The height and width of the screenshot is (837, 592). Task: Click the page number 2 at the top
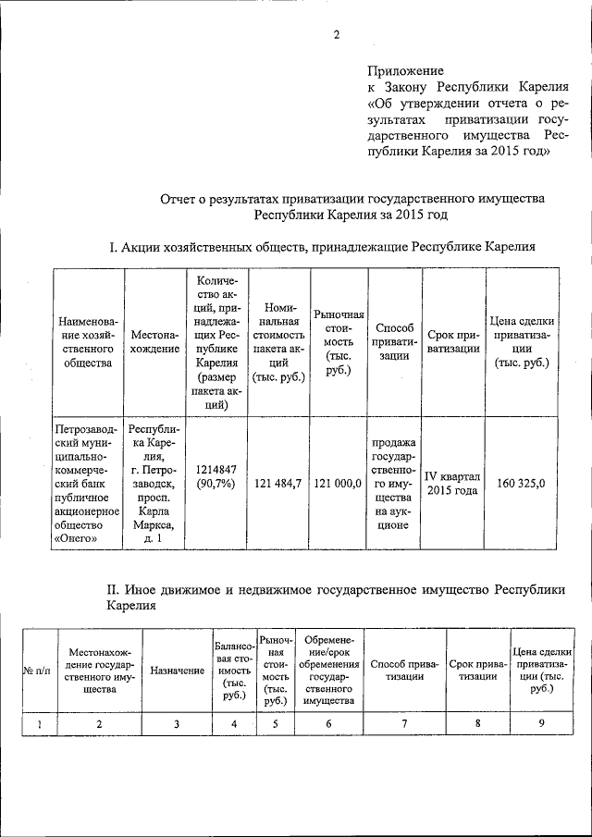tap(338, 36)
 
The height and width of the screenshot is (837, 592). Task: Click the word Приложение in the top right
tap(406, 70)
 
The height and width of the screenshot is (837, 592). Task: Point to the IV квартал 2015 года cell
tap(452, 483)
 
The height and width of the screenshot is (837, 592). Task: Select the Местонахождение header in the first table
tap(155, 341)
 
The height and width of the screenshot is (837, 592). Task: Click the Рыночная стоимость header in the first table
tap(339, 341)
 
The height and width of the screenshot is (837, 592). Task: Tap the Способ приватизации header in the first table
tap(395, 341)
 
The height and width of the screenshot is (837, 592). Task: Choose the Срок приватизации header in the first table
tap(453, 341)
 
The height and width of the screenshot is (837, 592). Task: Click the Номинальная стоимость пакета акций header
tap(278, 341)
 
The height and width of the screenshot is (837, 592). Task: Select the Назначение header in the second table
tap(177, 671)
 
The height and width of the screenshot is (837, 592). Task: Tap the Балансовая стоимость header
tap(234, 671)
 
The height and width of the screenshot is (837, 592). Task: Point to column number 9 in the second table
tap(540, 723)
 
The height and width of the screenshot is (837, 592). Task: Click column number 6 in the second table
tap(329, 723)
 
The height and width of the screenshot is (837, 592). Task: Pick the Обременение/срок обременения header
tap(329, 671)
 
